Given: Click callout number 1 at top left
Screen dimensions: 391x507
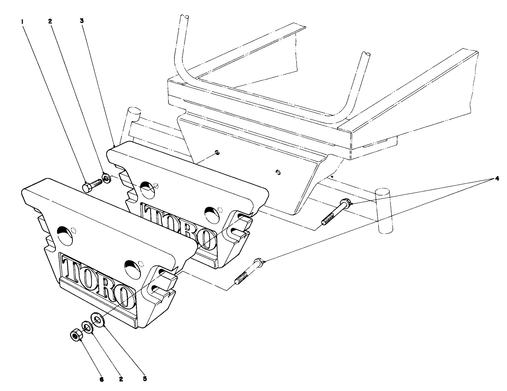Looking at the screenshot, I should pos(23,22).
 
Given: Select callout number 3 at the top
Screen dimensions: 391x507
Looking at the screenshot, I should pos(82,21).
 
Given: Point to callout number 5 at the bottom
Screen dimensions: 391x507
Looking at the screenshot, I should pos(145,378).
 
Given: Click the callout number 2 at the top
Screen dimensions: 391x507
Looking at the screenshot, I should pos(50,22).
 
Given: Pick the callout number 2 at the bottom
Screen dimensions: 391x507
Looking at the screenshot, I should pos(121,379).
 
